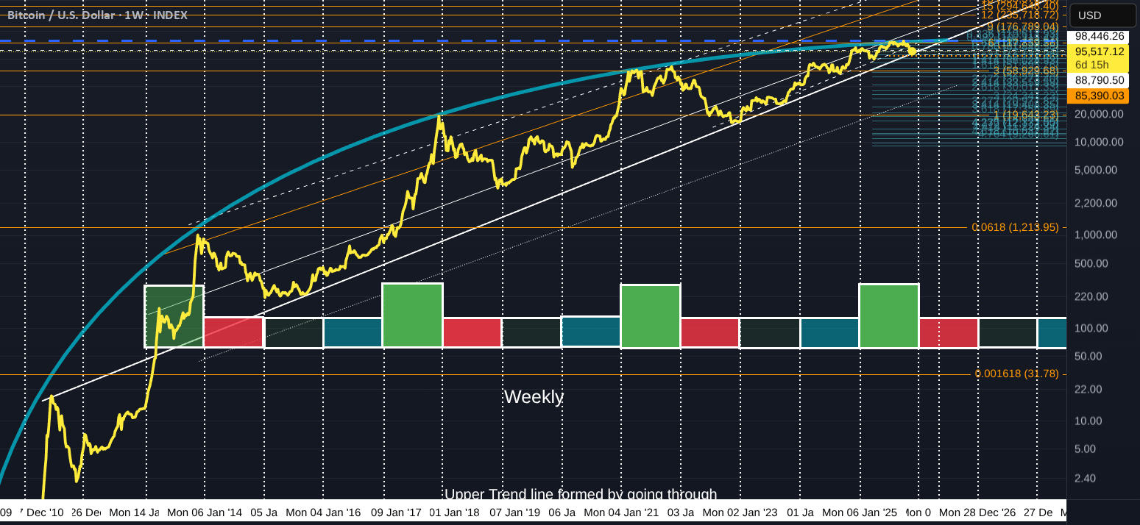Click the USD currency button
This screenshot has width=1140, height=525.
(1089, 15)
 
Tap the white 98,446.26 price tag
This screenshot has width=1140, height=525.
(1099, 36)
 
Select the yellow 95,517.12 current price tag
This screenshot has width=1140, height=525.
(1099, 51)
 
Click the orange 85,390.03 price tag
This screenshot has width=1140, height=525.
(1099, 96)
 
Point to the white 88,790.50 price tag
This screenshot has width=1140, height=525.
(1099, 81)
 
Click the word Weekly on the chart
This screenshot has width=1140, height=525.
(534, 397)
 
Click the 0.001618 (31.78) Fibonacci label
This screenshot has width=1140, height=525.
(1016, 374)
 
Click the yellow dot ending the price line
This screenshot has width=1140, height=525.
(913, 50)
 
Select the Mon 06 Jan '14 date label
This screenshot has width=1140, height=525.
(205, 512)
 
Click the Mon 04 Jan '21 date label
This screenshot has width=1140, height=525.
(621, 512)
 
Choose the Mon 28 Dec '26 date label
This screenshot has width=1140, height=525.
(976, 512)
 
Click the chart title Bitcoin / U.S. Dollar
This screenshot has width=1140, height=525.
(60, 15)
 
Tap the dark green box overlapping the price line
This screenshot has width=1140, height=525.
(174, 316)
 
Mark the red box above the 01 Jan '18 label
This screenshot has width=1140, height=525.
(472, 332)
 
